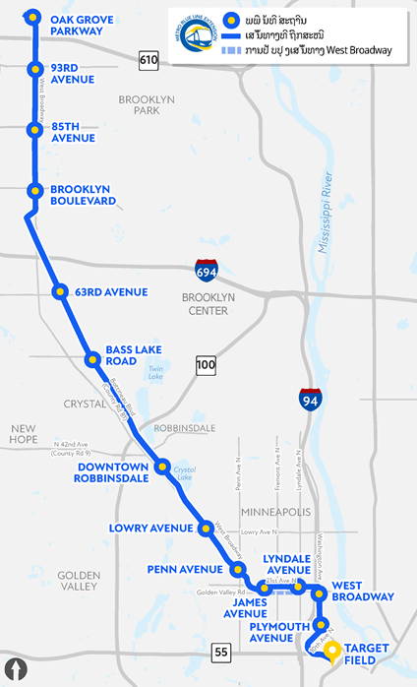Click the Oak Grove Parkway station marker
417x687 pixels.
point(33,17)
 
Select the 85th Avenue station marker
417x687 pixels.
point(33,129)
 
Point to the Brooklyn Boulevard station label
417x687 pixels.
point(83,195)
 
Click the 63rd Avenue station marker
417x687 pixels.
point(59,291)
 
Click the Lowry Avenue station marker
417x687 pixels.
point(206,529)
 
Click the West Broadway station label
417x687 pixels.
point(363,591)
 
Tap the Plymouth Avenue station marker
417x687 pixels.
point(320,626)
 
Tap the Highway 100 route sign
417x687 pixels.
point(205,365)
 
